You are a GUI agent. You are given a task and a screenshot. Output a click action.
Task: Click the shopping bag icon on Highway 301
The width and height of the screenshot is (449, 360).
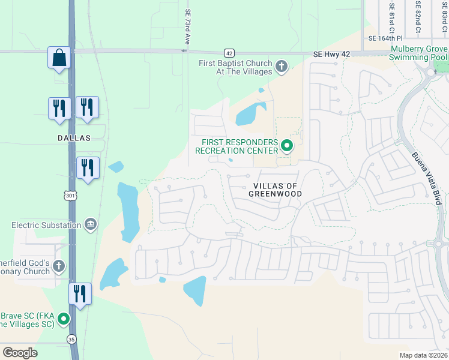[59, 58]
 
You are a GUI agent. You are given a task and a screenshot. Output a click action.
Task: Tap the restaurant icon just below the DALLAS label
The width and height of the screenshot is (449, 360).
[88, 169]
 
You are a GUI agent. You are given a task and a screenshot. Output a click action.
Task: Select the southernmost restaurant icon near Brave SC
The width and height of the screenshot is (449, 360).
[80, 294]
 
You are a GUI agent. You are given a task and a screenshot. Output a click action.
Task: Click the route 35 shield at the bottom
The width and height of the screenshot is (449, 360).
[72, 339]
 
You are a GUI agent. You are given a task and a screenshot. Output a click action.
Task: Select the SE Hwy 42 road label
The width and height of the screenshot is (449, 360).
[331, 55]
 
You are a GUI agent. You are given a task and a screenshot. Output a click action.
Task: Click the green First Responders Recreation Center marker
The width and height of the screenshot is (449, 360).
[287, 145]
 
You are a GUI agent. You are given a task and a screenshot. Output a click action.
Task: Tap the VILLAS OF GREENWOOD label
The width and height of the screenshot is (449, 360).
[275, 190]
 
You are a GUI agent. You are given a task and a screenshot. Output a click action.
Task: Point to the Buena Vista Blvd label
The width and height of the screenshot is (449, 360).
[427, 178]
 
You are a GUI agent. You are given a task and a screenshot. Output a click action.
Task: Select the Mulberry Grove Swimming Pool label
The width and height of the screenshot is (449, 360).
[418, 53]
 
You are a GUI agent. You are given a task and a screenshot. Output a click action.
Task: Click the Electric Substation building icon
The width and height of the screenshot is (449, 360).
[90, 225]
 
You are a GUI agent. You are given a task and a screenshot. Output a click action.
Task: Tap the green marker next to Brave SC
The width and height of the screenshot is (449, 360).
[64, 319]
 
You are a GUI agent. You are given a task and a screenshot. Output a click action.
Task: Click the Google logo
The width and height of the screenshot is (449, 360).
[20, 353]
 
